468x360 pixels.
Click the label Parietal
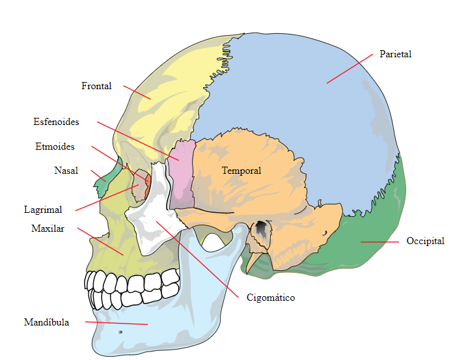click(x=395, y=54)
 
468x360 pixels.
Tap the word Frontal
click(x=96, y=86)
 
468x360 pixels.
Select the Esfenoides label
click(x=56, y=122)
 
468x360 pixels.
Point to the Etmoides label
click(x=55, y=146)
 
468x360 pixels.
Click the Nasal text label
click(x=66, y=171)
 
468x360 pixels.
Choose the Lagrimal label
click(x=43, y=210)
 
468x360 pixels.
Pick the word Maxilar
click(x=48, y=228)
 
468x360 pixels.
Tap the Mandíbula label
click(x=46, y=322)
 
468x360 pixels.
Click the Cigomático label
click(x=271, y=298)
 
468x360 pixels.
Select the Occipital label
click(x=425, y=241)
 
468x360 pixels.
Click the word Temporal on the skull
click(x=241, y=171)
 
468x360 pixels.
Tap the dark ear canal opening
click(x=262, y=229)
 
